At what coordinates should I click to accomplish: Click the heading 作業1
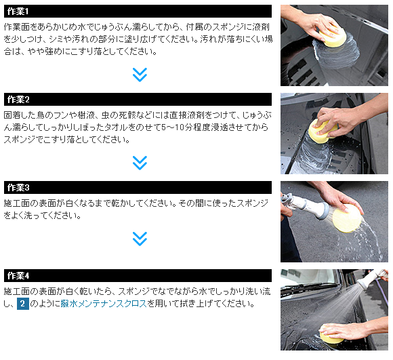click(x=18, y=12)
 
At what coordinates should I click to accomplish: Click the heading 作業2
click(x=18, y=100)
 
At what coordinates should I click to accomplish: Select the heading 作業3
click(x=18, y=188)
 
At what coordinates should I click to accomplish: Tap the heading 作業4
click(x=18, y=276)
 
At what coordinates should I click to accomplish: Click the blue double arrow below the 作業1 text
click(x=140, y=75)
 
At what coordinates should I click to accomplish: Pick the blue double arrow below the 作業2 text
click(x=140, y=163)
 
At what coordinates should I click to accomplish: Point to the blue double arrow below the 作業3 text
click(x=140, y=239)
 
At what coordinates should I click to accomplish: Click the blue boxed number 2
click(x=23, y=304)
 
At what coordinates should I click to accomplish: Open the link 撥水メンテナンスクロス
click(x=104, y=304)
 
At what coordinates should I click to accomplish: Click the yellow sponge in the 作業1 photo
click(x=333, y=37)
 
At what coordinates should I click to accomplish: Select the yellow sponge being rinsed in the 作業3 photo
click(x=347, y=218)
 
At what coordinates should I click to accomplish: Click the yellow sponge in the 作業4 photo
click(x=331, y=335)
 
